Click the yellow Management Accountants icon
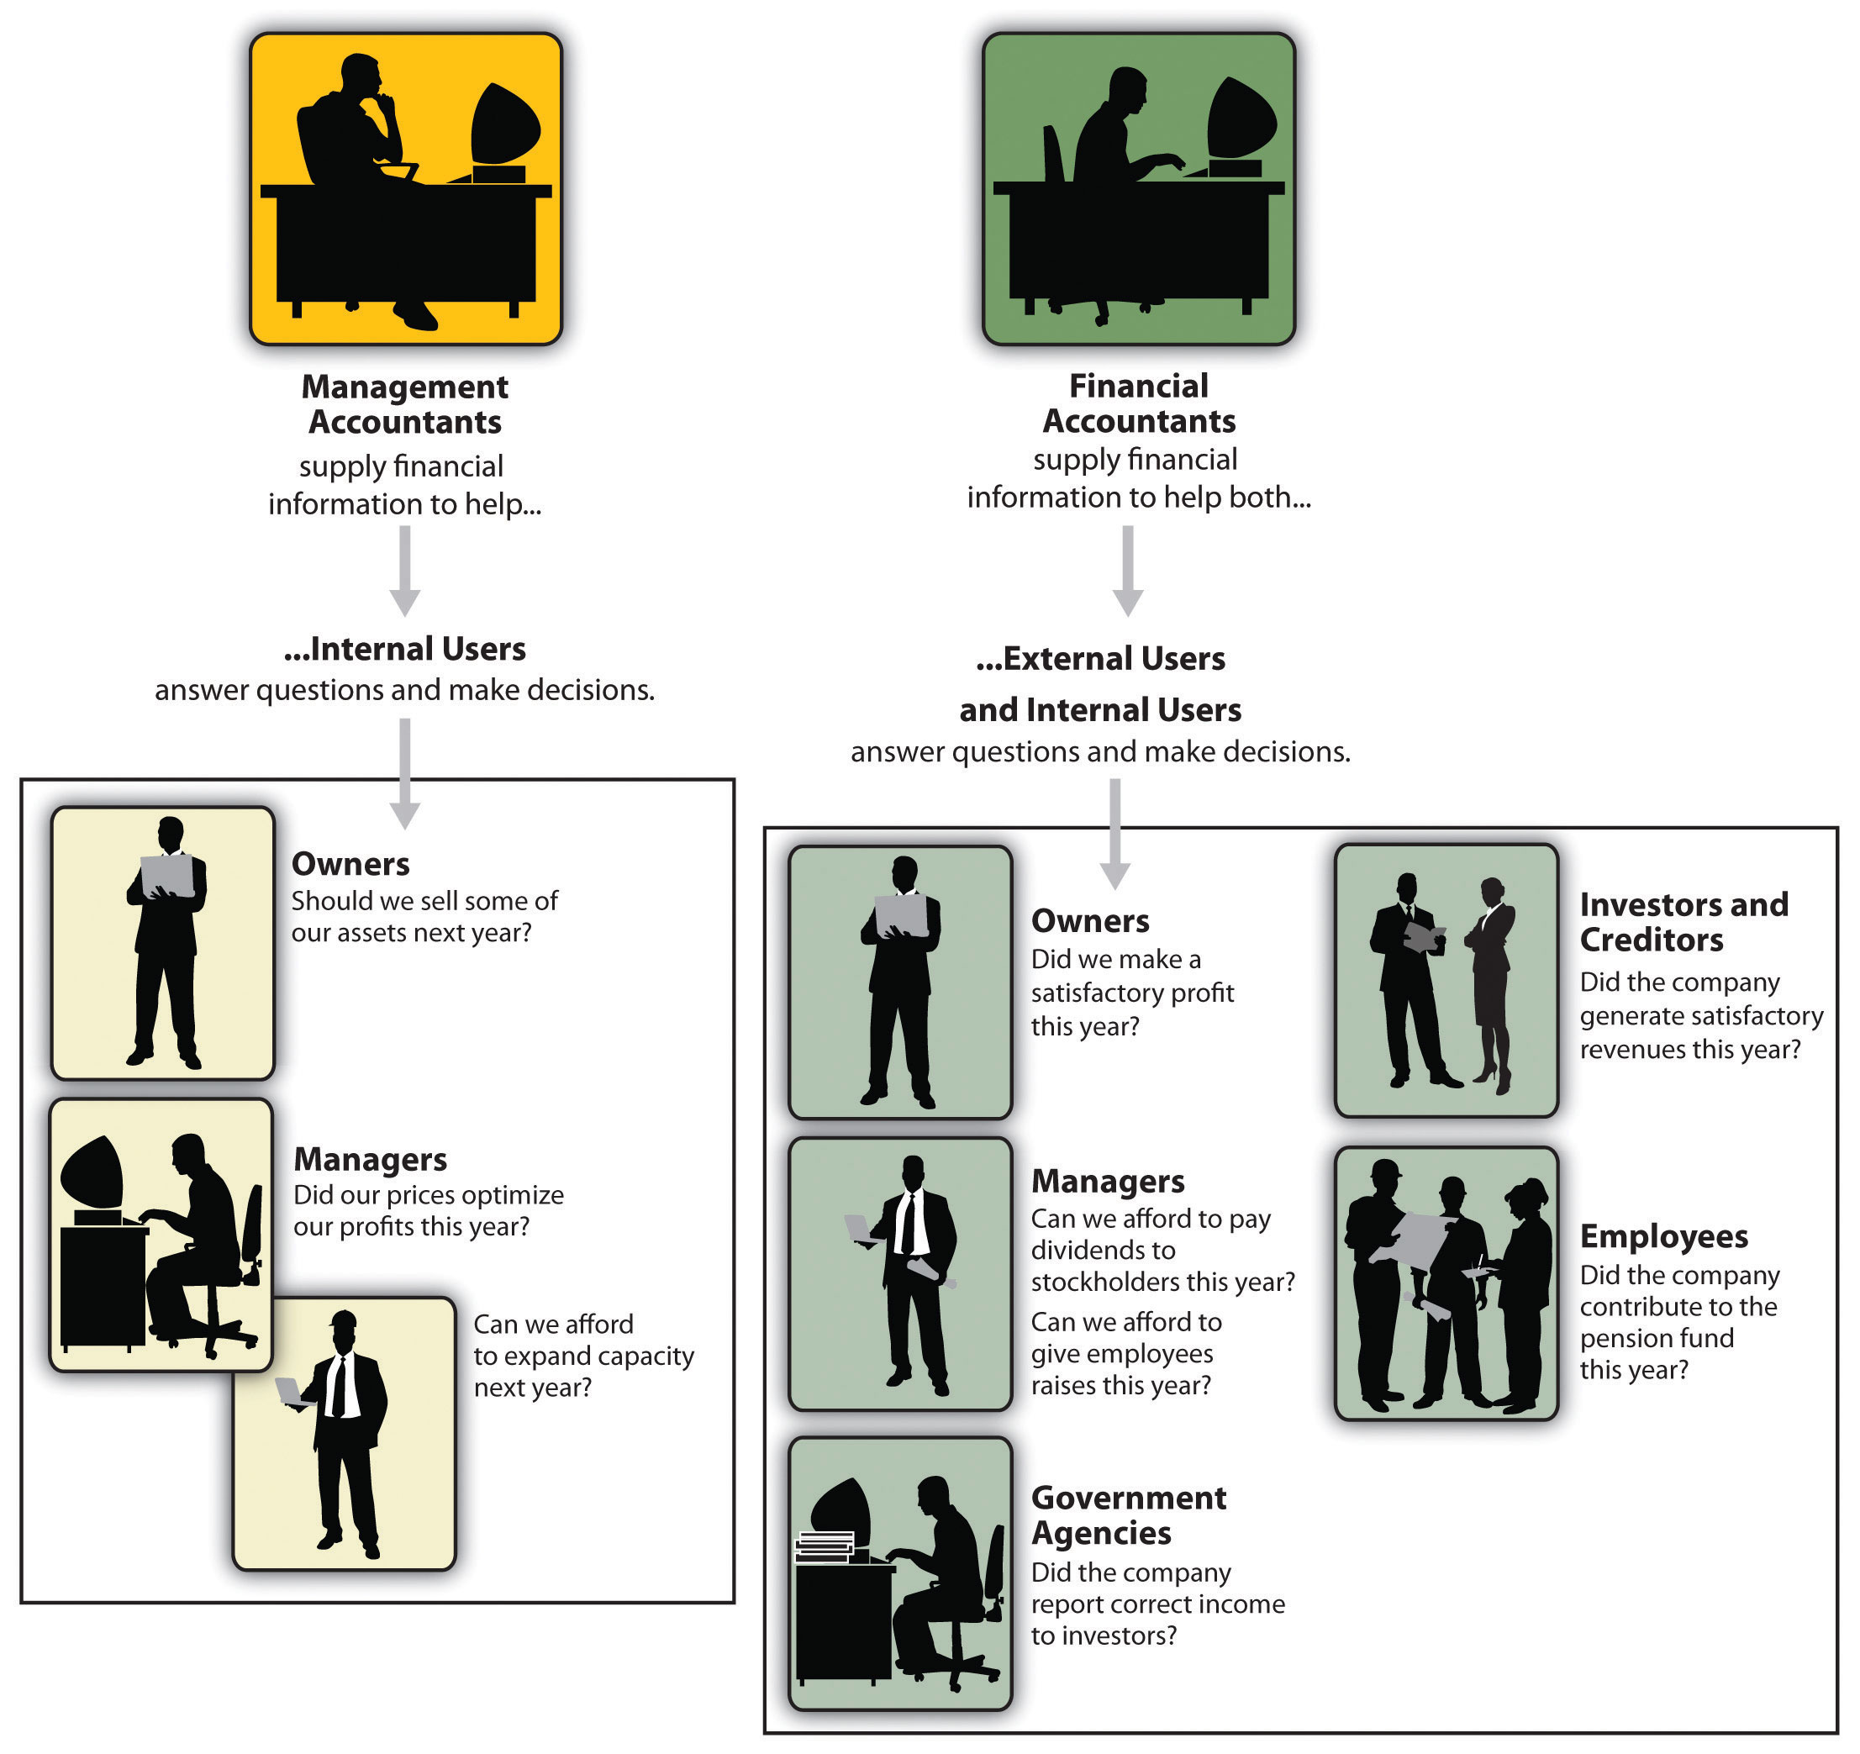[405, 189]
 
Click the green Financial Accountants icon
[1138, 189]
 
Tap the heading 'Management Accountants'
[405, 404]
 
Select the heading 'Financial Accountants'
[1139, 403]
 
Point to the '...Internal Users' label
[405, 648]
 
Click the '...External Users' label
[1100, 659]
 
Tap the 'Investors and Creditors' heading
[1683, 921]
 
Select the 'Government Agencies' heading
[1127, 1514]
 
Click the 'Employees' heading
[1663, 1235]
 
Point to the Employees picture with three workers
[1446, 1283]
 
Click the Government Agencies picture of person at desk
[900, 1573]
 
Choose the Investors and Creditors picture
[1446, 980]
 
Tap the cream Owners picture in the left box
[163, 943]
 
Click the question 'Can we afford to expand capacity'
[583, 1355]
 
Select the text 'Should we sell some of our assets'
[424, 916]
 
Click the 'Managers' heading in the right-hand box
[1108, 1182]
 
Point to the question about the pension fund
[1678, 1322]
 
